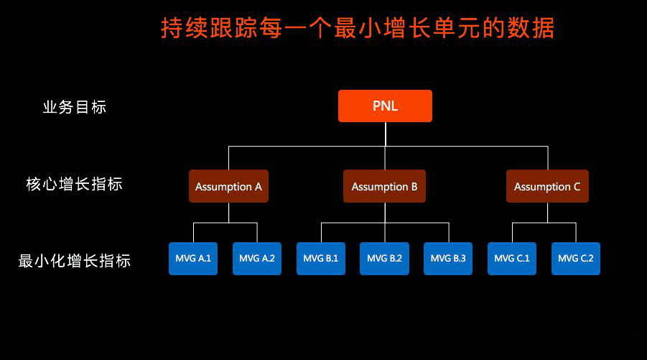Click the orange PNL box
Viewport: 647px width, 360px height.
pyautogui.click(x=385, y=106)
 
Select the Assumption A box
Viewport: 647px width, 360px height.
pyautogui.click(x=228, y=186)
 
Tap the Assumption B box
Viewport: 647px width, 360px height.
pyautogui.click(x=384, y=186)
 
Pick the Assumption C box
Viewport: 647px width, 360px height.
pyautogui.click(x=547, y=186)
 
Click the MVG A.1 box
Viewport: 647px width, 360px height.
pyautogui.click(x=193, y=259)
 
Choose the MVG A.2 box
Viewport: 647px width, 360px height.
pyautogui.click(x=257, y=259)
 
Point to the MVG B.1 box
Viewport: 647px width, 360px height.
pyautogui.click(x=320, y=259)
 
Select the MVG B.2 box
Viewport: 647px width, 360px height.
pyautogui.click(x=385, y=259)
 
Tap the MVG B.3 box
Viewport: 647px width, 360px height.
pyautogui.click(x=448, y=259)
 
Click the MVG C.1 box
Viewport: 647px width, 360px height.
pyautogui.click(x=512, y=259)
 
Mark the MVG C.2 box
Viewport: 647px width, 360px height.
pyautogui.click(x=576, y=259)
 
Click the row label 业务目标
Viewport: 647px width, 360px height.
pyautogui.click(x=75, y=107)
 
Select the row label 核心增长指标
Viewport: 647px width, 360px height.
pyautogui.click(x=74, y=184)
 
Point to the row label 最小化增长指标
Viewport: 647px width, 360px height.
pyautogui.click(x=75, y=261)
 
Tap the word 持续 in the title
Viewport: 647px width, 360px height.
pyautogui.click(x=184, y=28)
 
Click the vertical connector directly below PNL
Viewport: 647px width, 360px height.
pyautogui.click(x=386, y=134)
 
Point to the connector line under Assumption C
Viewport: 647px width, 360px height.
pyautogui.click(x=548, y=213)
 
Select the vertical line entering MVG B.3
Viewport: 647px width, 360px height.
pyautogui.click(x=449, y=232)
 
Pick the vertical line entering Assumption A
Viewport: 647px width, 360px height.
pyautogui.click(x=228, y=157)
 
